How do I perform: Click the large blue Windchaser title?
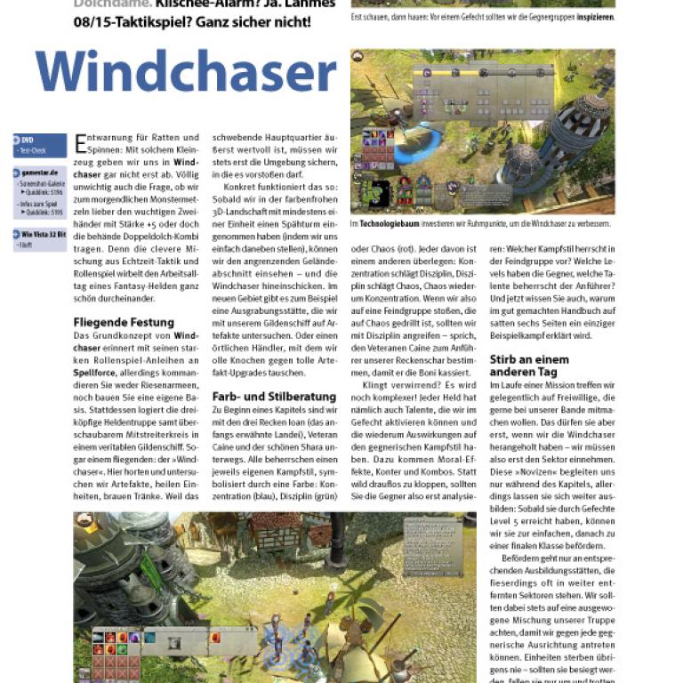coord(186,73)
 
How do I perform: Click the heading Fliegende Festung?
coord(124,322)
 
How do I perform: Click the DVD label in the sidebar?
coord(28,140)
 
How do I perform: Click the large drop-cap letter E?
coord(82,142)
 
